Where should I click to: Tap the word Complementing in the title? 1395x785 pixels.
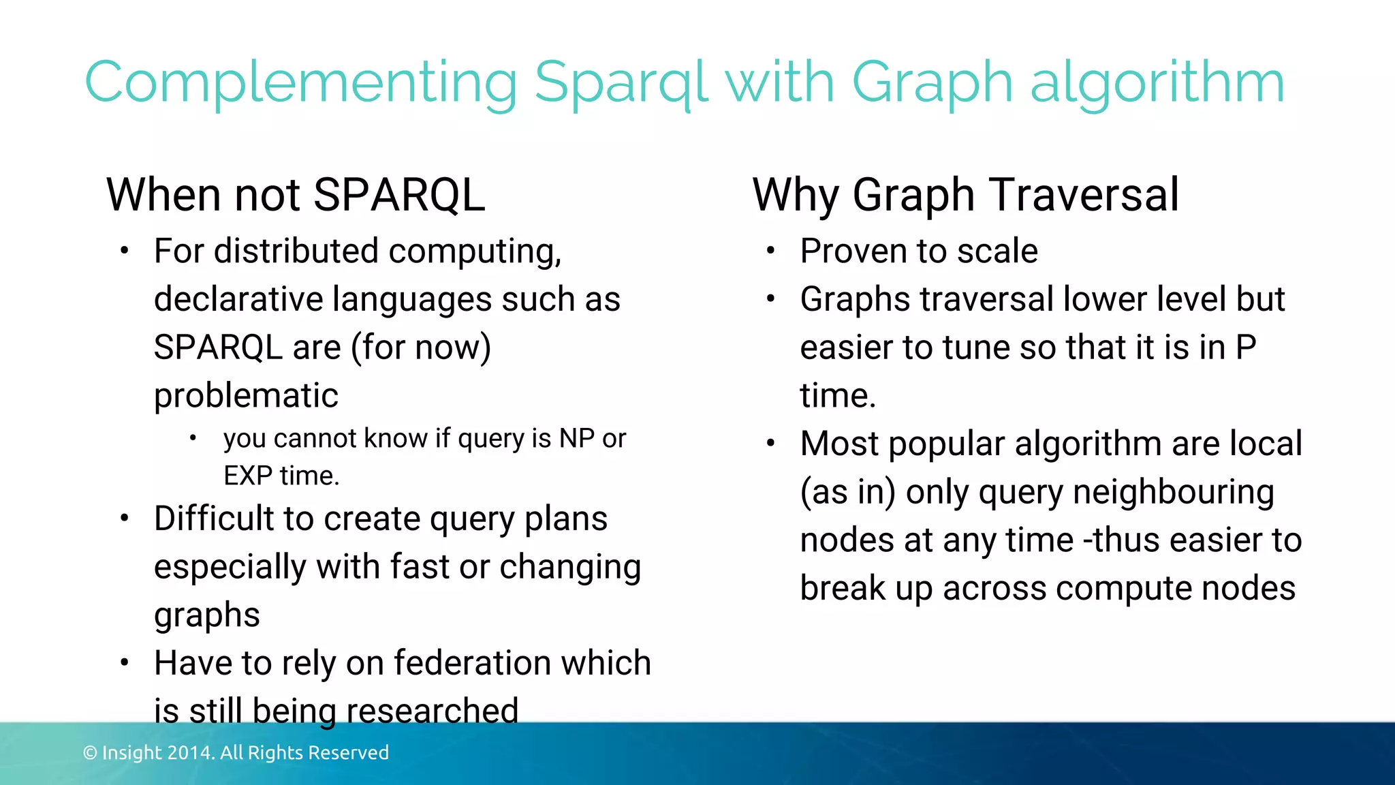pyautogui.click(x=300, y=83)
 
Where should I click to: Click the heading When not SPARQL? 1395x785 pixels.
pyautogui.click(x=296, y=195)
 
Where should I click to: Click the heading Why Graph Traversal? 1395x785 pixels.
pyautogui.click(x=965, y=195)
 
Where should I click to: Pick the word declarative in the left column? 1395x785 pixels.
pyautogui.click(x=238, y=299)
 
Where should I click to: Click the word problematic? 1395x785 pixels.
pyautogui.click(x=246, y=395)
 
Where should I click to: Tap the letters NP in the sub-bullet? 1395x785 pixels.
pyautogui.click(x=576, y=438)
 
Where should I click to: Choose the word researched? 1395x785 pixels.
pyautogui.click(x=433, y=711)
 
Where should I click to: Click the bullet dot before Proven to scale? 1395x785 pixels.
pyautogui.click(x=770, y=251)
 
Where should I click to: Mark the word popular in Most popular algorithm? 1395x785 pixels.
pyautogui.click(x=946, y=444)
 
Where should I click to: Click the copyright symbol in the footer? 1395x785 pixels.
pyautogui.click(x=90, y=752)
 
